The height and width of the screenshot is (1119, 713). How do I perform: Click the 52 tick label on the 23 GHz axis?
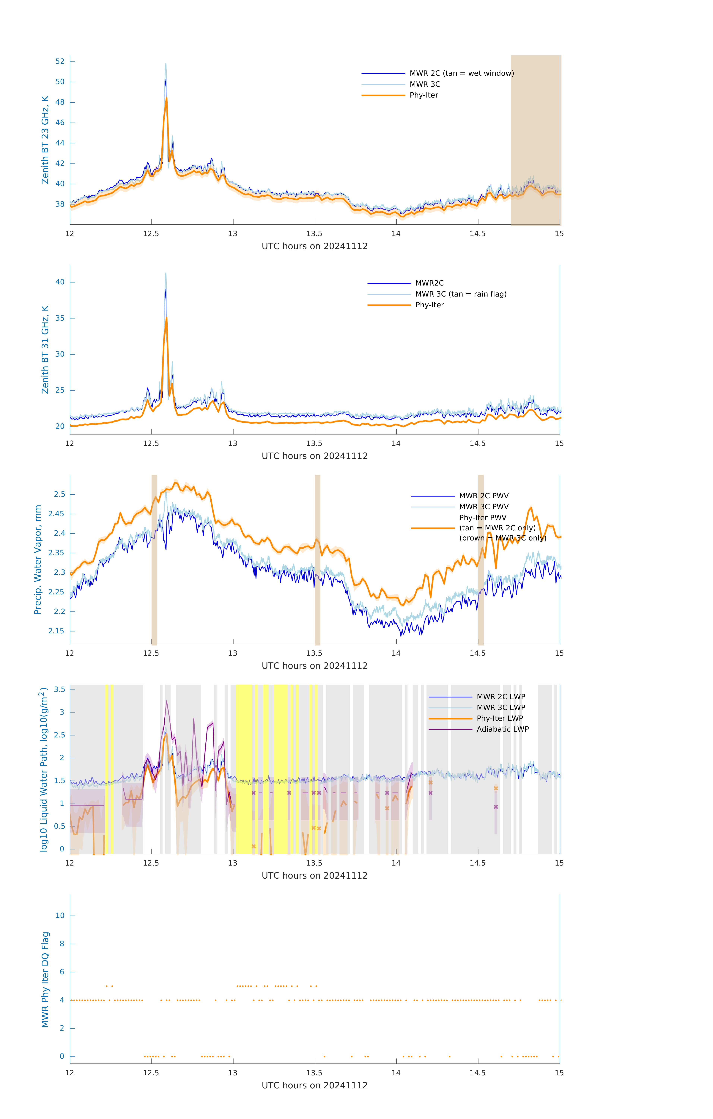(60, 61)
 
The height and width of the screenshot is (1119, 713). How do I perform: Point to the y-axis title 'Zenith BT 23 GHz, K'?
(45, 140)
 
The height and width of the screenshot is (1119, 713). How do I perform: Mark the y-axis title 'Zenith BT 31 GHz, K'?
(45, 350)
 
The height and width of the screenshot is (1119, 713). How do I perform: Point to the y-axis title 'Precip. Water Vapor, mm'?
(38, 559)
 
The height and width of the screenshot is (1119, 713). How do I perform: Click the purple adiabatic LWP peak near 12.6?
(167, 701)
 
